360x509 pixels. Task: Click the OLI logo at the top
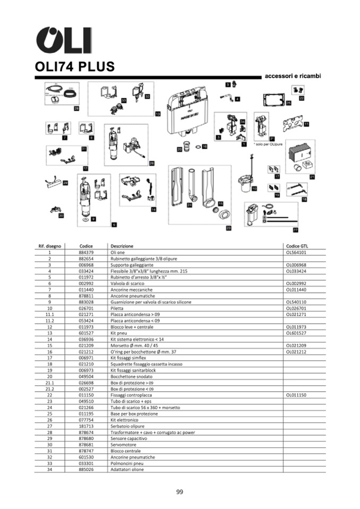coord(63,40)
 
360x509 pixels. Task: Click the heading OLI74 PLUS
coord(75,67)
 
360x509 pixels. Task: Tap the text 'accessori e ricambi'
coord(293,76)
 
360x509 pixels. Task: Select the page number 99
coord(179,492)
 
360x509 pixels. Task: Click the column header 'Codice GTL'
coord(297,246)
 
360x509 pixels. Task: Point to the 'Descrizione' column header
coord(122,246)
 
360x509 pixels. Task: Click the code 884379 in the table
coord(86,253)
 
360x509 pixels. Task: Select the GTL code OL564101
coord(297,253)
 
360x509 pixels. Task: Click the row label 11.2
coord(50,321)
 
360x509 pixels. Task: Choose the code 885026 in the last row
coord(86,469)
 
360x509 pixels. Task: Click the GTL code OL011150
coord(297,395)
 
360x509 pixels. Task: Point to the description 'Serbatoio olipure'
coord(127,425)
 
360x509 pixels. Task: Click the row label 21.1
coord(50,382)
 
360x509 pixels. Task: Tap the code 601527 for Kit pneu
coord(86,333)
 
